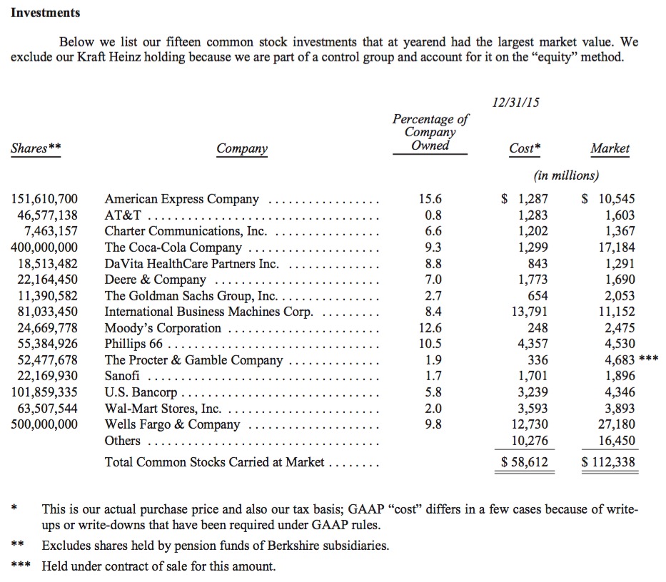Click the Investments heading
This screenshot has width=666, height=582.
(45, 13)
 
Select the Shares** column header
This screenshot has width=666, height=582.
(36, 148)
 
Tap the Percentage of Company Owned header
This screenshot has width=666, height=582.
(430, 133)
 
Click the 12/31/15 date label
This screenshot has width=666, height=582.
(515, 102)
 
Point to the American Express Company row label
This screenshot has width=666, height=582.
(181, 199)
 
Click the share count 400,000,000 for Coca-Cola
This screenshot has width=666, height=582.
(44, 247)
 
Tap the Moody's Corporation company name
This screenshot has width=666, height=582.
(163, 328)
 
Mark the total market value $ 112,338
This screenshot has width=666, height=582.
(608, 462)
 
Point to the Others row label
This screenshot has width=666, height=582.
(122, 440)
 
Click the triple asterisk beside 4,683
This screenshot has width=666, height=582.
(648, 359)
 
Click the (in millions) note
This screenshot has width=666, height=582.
(566, 175)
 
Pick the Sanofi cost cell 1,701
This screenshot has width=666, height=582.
(533, 376)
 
